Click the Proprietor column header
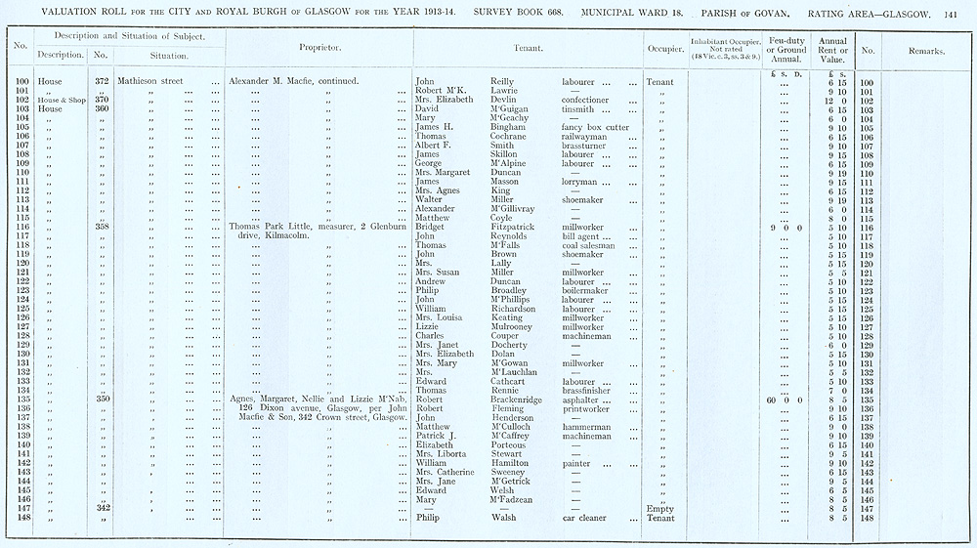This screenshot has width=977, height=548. pos(319,47)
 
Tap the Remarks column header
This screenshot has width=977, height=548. pos(925,51)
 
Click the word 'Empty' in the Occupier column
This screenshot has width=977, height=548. pos(660,508)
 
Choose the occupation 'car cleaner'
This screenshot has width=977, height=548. pos(584,518)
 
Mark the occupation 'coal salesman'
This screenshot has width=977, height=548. pos(594,245)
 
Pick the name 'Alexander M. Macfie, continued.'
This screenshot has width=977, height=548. pos(293,81)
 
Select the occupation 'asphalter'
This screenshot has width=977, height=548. pos(585,400)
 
